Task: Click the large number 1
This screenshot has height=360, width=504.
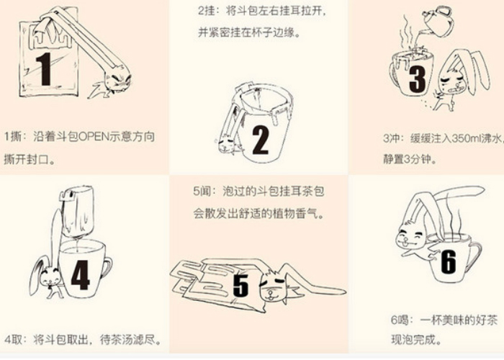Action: [45, 69]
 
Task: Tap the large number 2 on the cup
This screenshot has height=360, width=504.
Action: [261, 140]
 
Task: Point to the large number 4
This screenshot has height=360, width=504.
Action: [80, 275]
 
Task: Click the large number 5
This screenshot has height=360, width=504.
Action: [240, 286]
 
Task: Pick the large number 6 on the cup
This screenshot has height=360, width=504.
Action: [449, 262]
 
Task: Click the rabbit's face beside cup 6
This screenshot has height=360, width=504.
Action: [410, 237]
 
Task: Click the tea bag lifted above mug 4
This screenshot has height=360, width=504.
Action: [78, 211]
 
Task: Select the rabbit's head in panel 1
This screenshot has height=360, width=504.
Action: [117, 79]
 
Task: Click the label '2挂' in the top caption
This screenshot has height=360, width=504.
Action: [206, 12]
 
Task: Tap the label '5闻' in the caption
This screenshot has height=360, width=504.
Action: [201, 192]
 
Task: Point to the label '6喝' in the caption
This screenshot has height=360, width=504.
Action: [399, 320]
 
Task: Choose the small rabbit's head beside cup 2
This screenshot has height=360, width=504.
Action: [226, 145]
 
